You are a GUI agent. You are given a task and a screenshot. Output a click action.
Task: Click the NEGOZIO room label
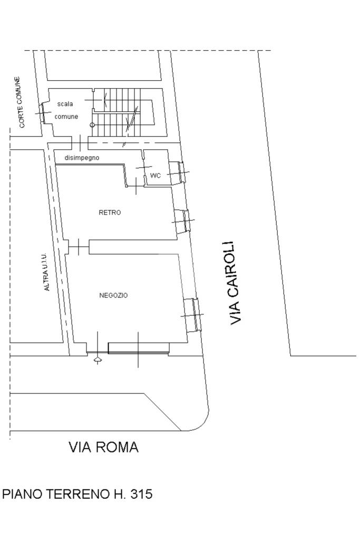tap(113, 295)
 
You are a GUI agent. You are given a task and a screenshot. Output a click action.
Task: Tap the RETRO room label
tap(110, 213)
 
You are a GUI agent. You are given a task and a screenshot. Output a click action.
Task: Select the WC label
tap(155, 176)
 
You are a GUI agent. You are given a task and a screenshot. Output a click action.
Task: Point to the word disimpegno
tap(82, 158)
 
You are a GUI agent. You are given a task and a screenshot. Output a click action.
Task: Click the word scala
tap(65, 104)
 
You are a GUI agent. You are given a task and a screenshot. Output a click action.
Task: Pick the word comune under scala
tap(66, 117)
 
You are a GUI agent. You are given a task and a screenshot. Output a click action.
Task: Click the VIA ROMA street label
tap(104, 447)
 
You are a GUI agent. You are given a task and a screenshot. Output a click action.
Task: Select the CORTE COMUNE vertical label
tap(21, 102)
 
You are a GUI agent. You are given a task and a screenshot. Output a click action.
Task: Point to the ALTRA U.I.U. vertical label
tap(46, 272)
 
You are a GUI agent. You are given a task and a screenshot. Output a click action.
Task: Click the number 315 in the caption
tap(140, 494)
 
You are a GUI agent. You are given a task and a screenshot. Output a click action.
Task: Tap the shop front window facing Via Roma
tap(138, 348)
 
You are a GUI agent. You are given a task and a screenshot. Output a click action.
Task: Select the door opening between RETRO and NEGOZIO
tap(79, 246)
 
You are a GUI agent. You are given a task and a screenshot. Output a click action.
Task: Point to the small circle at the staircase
tap(93, 124)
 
